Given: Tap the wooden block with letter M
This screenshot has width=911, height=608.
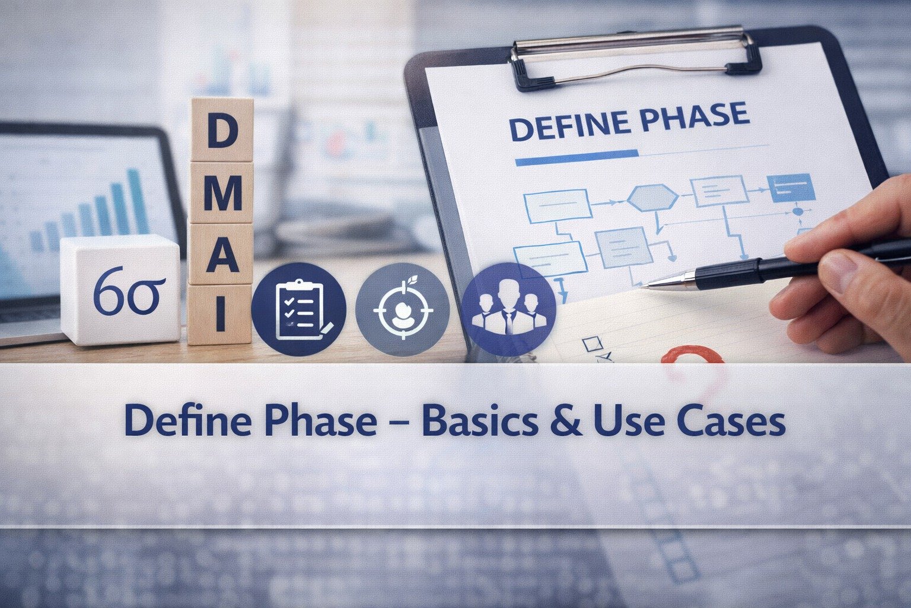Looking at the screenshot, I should [221, 192].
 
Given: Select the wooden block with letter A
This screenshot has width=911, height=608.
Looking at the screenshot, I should [221, 254].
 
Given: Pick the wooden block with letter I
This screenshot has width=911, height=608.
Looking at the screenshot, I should [220, 314].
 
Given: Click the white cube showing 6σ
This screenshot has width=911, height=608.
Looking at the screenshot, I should [121, 289].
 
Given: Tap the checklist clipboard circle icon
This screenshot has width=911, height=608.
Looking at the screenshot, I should [298, 309].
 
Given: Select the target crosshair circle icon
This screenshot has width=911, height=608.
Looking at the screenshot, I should [402, 309].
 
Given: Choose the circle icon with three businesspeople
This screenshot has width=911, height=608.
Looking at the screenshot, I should [508, 309].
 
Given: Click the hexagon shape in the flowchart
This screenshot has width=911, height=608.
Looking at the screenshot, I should [652, 198].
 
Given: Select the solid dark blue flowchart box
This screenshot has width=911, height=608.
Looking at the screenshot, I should [791, 188].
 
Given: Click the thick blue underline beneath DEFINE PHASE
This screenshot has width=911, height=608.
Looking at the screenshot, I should [576, 157].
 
